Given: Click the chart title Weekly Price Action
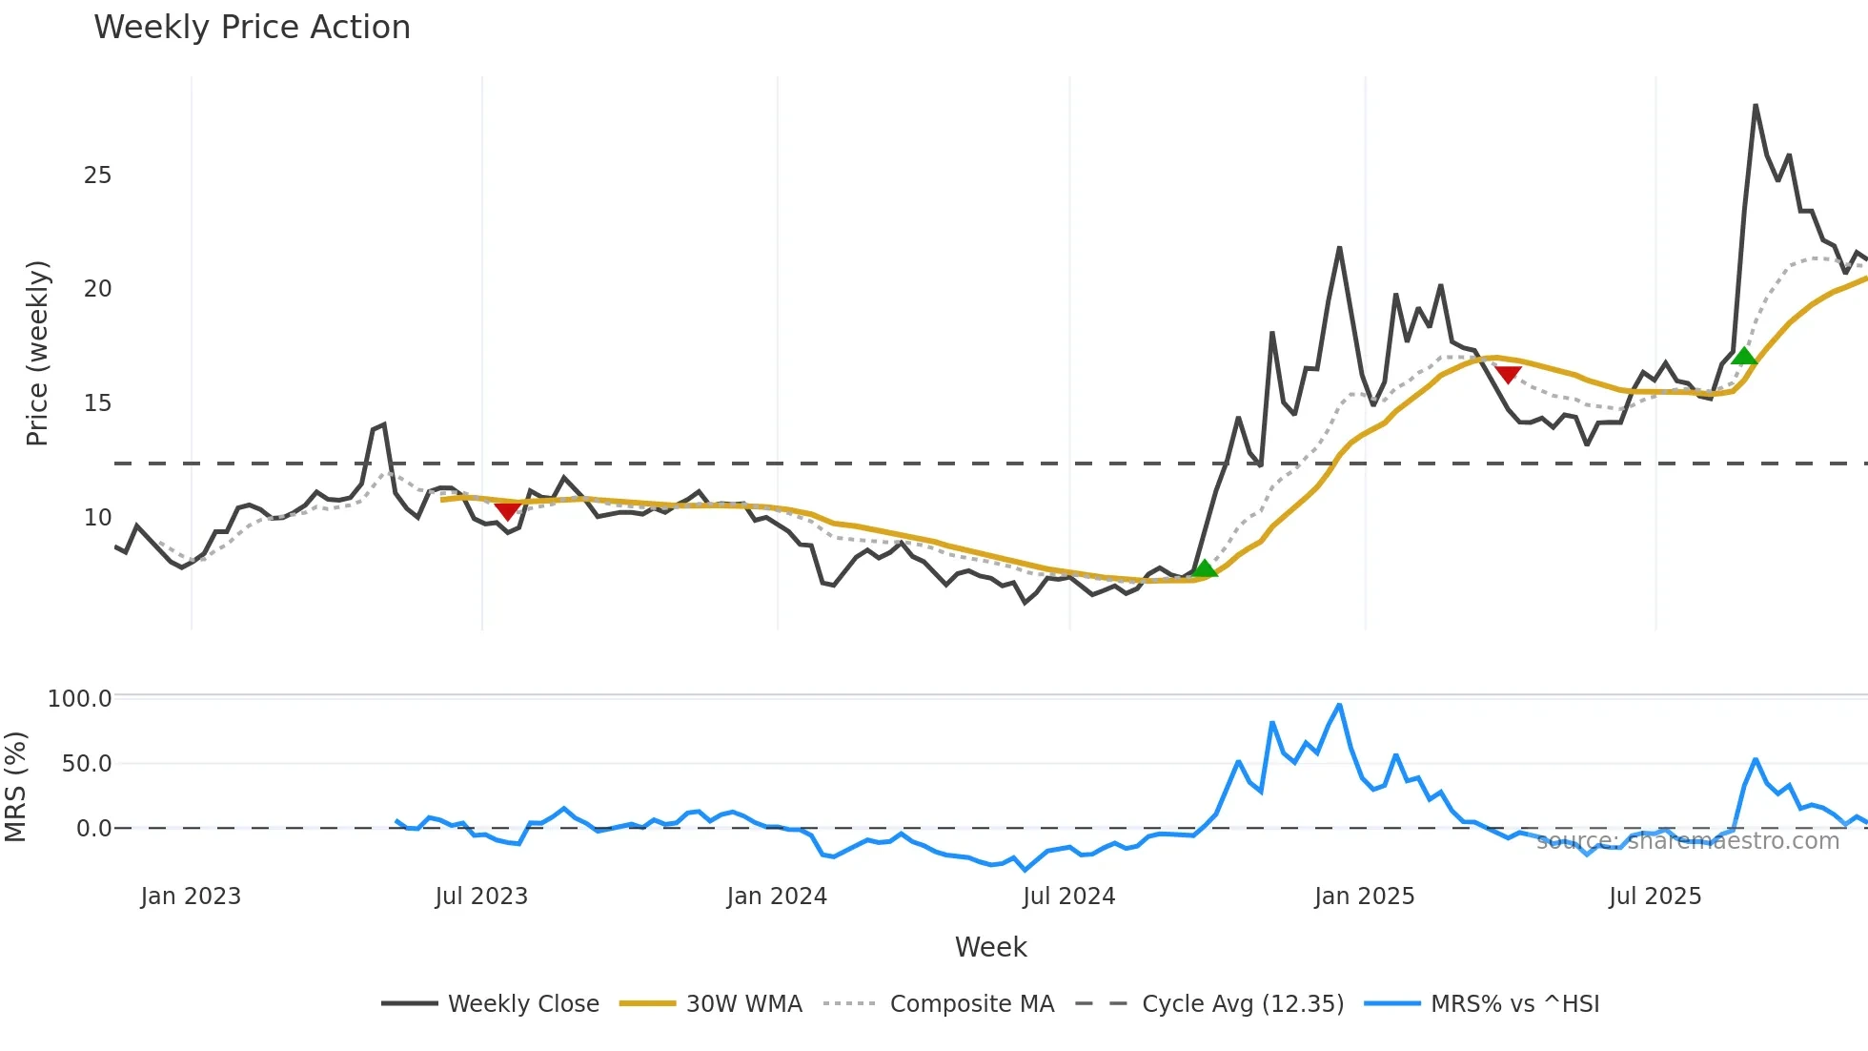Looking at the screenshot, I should [252, 28].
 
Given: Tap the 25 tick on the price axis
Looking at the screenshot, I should [97, 175].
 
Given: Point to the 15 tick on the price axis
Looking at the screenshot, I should [97, 403].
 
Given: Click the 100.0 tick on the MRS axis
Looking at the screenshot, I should [80, 699].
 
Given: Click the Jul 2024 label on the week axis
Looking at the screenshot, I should [1068, 896].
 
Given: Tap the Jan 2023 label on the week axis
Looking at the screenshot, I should [191, 896].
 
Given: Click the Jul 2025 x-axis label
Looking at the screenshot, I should [1655, 896].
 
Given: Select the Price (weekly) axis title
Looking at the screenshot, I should [36, 353].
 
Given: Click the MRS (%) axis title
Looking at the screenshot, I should [15, 787].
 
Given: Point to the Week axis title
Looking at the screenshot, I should [990, 947].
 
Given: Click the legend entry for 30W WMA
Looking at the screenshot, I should [743, 1004].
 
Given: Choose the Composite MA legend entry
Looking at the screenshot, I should [971, 1004].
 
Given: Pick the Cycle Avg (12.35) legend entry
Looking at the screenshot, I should [1242, 1004].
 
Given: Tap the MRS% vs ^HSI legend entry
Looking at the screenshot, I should [1514, 1004].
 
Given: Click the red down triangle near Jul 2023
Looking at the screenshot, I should [508, 511].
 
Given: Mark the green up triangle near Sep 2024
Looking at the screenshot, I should [1205, 569].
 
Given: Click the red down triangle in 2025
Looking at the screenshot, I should [1508, 374].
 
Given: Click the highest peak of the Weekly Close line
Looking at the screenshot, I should [1756, 106].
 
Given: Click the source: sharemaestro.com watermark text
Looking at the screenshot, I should [1687, 841].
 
